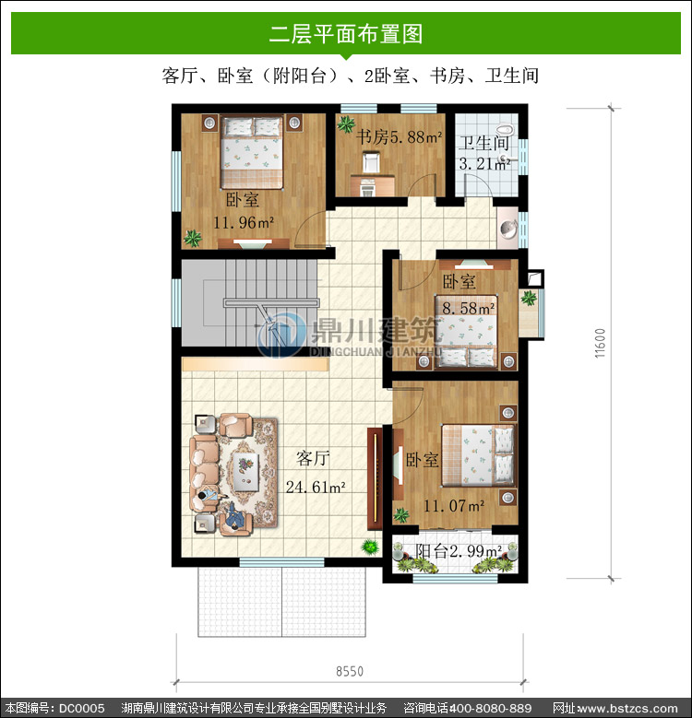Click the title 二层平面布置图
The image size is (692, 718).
(346, 34)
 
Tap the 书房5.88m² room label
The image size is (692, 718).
(399, 136)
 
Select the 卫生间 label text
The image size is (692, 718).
(484, 143)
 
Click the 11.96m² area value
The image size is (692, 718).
(244, 222)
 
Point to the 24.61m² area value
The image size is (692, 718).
(316, 487)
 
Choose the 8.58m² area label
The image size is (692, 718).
(469, 308)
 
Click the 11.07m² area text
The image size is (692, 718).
(454, 505)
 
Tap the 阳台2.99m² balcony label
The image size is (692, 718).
(459, 550)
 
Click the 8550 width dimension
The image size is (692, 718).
(350, 671)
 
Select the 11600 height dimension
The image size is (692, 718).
(600, 343)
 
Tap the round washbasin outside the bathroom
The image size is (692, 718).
(508, 228)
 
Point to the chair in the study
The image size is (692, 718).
(371, 162)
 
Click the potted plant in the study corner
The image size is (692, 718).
(346, 124)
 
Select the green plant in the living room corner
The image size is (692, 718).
(370, 547)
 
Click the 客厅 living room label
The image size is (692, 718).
(313, 457)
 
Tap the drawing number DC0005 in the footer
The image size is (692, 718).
(81, 708)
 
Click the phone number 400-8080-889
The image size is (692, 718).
(490, 708)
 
